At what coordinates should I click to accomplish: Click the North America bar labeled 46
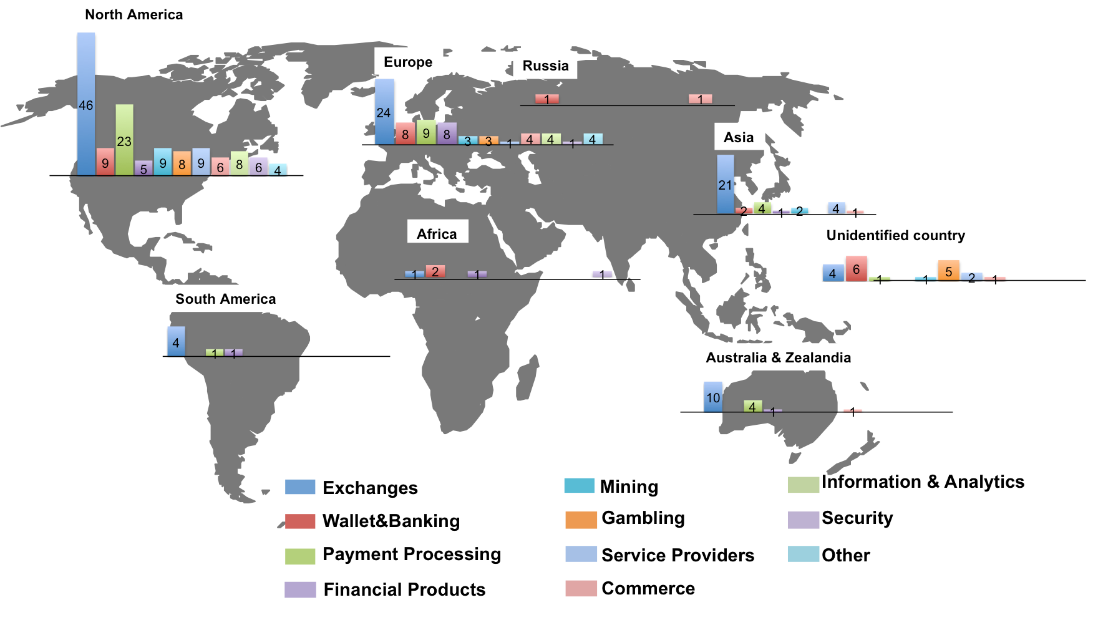pyautogui.click(x=86, y=104)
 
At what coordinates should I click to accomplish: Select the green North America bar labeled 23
pyautogui.click(x=124, y=140)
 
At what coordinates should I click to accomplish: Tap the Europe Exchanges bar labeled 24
pyautogui.click(x=384, y=112)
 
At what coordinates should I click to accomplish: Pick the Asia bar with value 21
pyautogui.click(x=725, y=185)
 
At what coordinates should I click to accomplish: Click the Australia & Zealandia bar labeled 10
pyautogui.click(x=712, y=397)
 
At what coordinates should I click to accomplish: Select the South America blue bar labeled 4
pyautogui.click(x=176, y=342)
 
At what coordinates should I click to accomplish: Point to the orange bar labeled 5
pyautogui.click(x=948, y=271)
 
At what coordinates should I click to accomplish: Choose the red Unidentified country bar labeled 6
pyautogui.click(x=856, y=269)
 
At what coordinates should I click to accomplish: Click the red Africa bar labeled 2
pyautogui.click(x=435, y=271)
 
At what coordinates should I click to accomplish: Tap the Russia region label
pyautogui.click(x=545, y=66)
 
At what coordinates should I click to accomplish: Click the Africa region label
pyautogui.click(x=437, y=234)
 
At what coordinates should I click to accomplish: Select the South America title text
pyautogui.click(x=225, y=299)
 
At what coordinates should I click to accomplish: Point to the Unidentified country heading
pyautogui.click(x=895, y=235)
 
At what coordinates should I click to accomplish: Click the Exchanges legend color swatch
pyautogui.click(x=300, y=487)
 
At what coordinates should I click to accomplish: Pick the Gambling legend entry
pyautogui.click(x=643, y=518)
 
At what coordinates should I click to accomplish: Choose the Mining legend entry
pyautogui.click(x=628, y=487)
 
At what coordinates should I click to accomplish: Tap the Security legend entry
pyautogui.click(x=857, y=518)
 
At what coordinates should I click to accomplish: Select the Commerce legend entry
pyautogui.click(x=648, y=588)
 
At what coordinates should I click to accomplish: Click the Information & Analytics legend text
pyautogui.click(x=922, y=482)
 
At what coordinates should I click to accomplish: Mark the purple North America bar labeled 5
pyautogui.click(x=143, y=168)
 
